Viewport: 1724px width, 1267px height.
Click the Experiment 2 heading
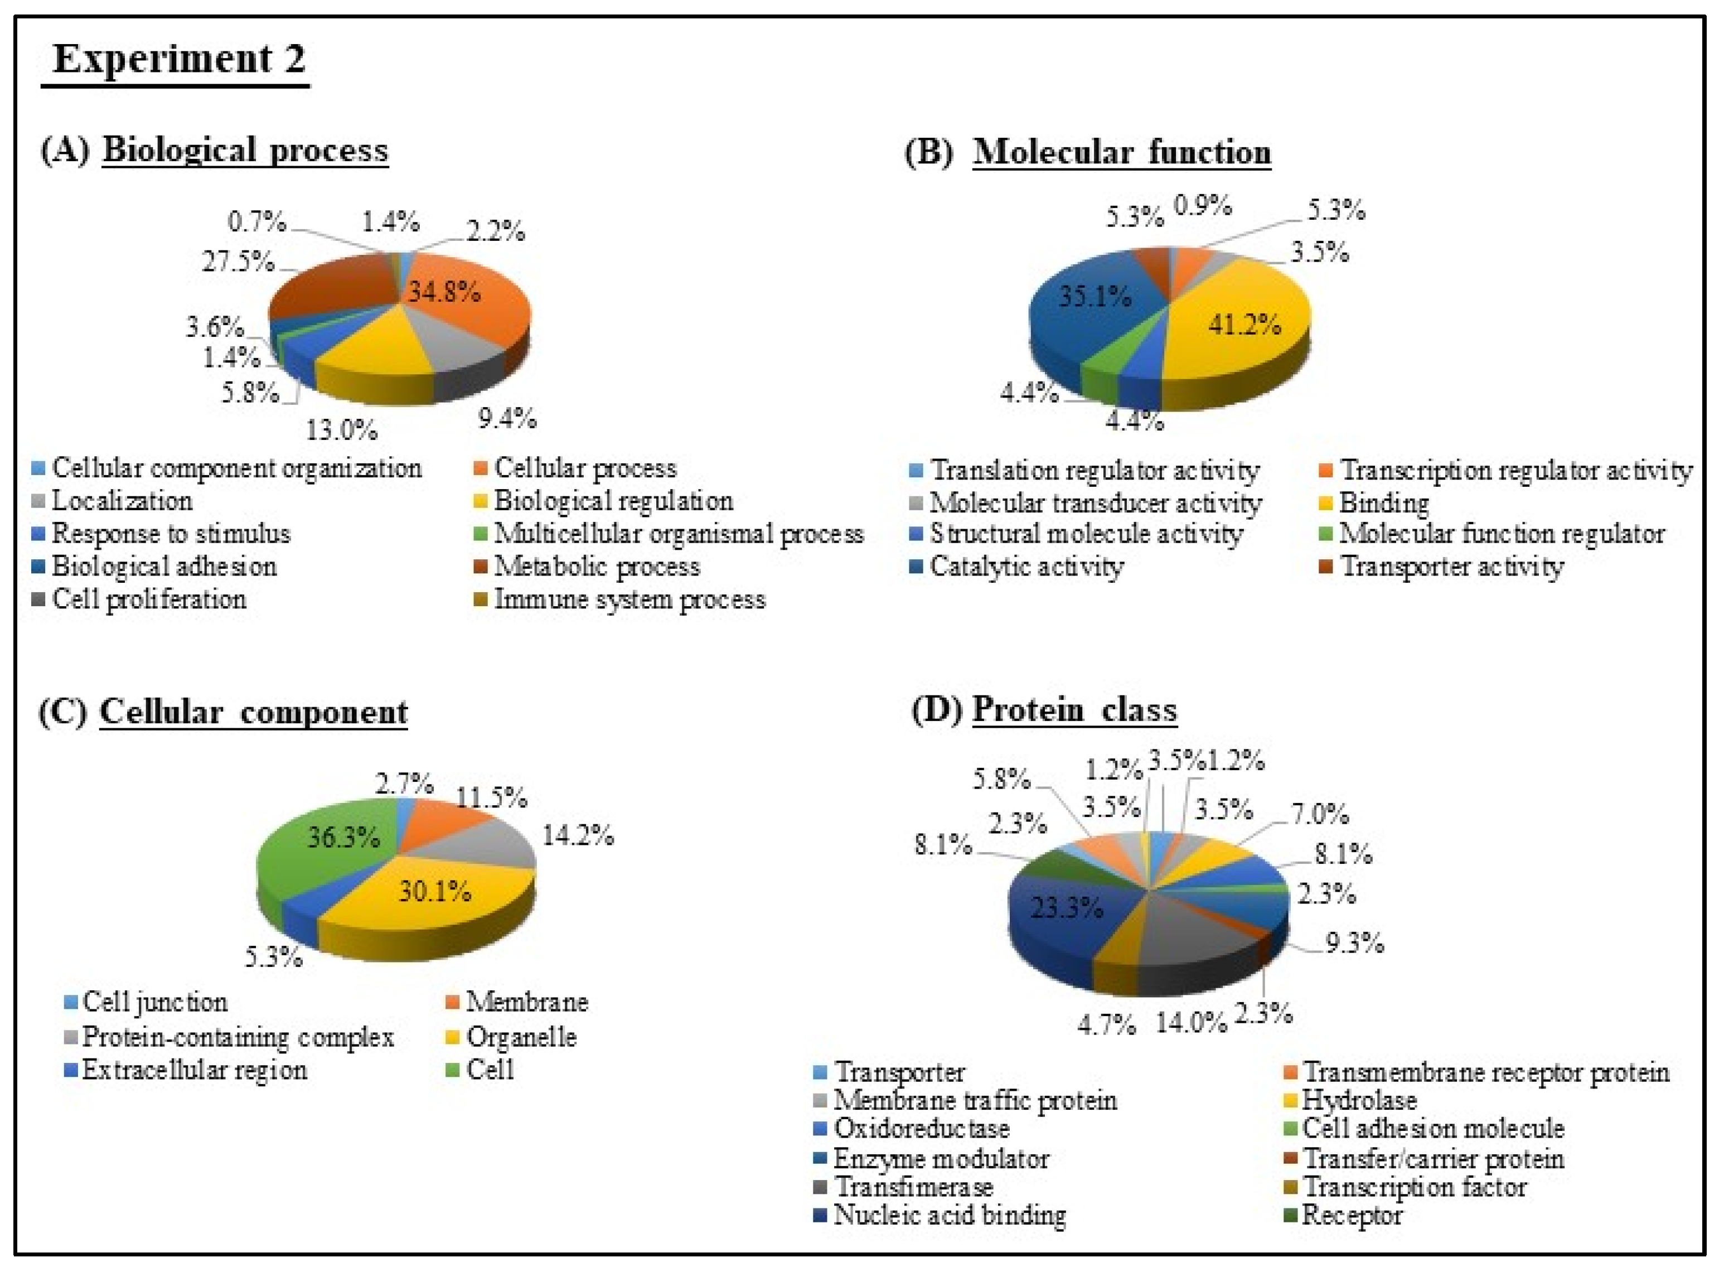pyautogui.click(x=178, y=59)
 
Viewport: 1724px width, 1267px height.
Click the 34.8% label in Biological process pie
pyautogui.click(x=444, y=292)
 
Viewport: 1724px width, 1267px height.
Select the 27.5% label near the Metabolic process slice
pyautogui.click(x=238, y=262)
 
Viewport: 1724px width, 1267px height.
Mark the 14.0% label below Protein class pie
pyautogui.click(x=1191, y=1022)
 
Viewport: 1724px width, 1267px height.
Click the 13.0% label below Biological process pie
pyautogui.click(x=341, y=431)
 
